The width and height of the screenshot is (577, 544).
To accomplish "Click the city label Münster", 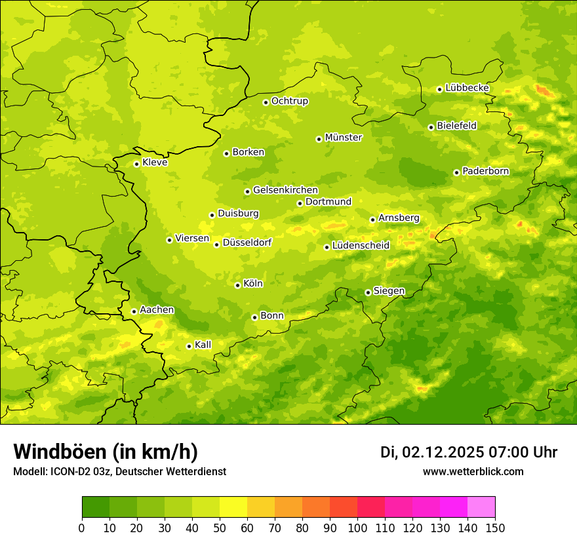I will (x=344, y=138).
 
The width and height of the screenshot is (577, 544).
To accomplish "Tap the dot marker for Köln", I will (x=237, y=285).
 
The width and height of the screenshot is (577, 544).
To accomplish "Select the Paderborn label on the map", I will (x=486, y=171).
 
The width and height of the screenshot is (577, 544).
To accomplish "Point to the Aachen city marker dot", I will (x=134, y=311).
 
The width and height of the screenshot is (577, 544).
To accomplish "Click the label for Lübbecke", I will (x=467, y=88).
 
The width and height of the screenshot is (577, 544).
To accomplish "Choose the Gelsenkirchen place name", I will (x=285, y=190).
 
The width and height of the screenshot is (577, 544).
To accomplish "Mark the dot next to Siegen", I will (x=368, y=292).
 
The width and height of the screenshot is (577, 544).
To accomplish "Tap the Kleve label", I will (x=155, y=163).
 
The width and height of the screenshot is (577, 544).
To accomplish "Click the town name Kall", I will (x=203, y=345).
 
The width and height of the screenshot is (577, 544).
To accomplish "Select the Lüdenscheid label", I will (x=361, y=246).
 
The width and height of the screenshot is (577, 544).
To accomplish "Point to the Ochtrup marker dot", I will (x=266, y=102).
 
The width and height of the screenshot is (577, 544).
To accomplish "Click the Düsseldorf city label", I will (x=247, y=243).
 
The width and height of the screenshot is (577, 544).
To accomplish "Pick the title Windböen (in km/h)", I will (x=106, y=452).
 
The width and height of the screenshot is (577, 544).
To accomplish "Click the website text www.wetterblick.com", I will (x=473, y=471).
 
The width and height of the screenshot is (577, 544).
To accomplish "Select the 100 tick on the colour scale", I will (x=357, y=528).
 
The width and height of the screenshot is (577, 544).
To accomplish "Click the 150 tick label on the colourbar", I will (x=494, y=528).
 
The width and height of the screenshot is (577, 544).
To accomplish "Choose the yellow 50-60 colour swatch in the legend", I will (x=233, y=507).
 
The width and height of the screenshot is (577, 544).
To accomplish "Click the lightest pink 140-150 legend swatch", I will (x=481, y=507).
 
